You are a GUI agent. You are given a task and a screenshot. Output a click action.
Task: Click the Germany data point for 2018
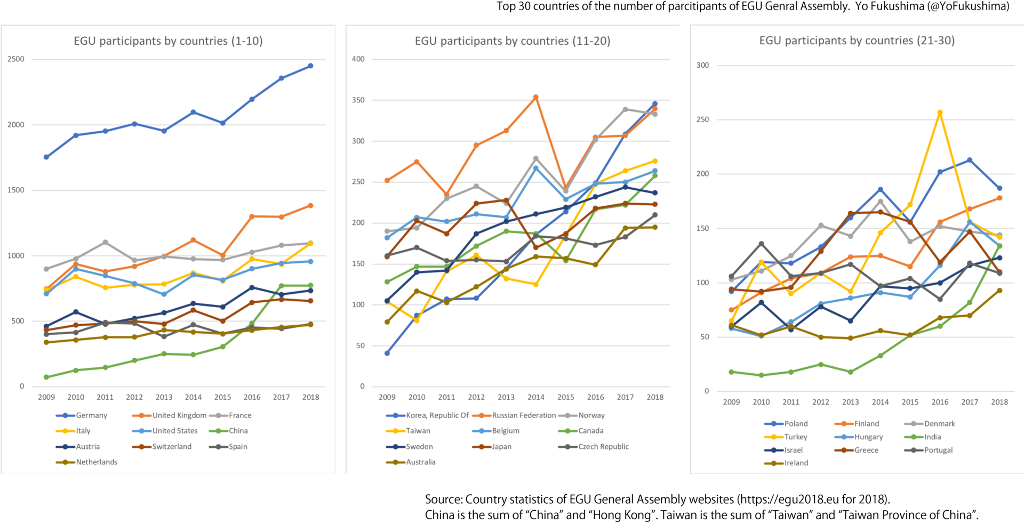coord(310,66)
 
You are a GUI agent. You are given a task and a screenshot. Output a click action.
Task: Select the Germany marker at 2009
coord(46,157)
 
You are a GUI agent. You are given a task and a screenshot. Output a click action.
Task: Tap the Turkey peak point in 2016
coord(940,113)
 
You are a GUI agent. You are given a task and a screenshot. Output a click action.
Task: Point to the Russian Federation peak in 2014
coord(536,98)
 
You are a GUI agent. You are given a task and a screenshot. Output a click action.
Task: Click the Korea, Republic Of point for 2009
coord(387,353)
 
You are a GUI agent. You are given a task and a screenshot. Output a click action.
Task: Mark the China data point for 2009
coord(46,377)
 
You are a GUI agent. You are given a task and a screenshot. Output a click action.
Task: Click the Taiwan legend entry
coord(418,431)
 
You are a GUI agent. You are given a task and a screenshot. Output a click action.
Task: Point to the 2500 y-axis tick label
coord(16,59)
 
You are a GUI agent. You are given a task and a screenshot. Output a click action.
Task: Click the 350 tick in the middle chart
coord(358,100)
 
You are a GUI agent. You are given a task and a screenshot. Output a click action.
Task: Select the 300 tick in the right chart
coord(703,66)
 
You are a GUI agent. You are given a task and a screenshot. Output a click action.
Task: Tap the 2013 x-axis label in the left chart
coord(164,397)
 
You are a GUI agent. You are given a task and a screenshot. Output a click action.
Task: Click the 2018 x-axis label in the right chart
coord(999,402)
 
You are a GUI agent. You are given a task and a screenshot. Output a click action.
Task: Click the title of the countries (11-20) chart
coord(513,41)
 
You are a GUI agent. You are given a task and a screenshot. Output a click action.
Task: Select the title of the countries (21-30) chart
coord(857,41)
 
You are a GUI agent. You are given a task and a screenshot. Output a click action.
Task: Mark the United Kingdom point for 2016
coord(252,216)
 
